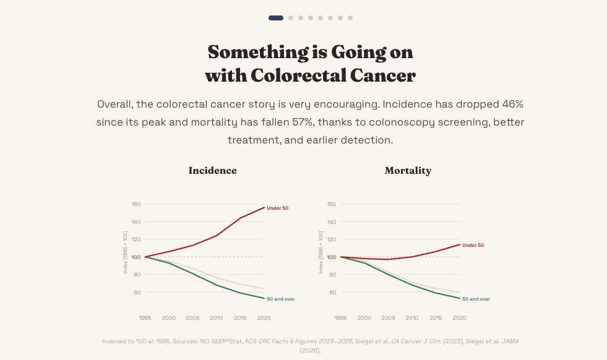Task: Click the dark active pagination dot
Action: click(x=276, y=18)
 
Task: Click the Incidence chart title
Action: click(x=212, y=171)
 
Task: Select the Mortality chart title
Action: click(x=408, y=171)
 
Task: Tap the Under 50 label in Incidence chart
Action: click(x=277, y=208)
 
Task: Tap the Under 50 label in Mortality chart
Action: click(x=473, y=245)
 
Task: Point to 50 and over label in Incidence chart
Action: click(x=280, y=299)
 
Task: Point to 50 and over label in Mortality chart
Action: click(x=476, y=299)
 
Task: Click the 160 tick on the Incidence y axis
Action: click(x=136, y=204)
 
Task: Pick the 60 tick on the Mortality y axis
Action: click(x=332, y=292)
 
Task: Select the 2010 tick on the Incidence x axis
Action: click(x=217, y=318)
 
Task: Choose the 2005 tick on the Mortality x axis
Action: click(x=388, y=318)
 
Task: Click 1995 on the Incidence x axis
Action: click(x=145, y=318)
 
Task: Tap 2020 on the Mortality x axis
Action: click(x=459, y=318)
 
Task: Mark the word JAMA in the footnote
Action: click(x=510, y=341)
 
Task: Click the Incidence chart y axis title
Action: click(x=125, y=252)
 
